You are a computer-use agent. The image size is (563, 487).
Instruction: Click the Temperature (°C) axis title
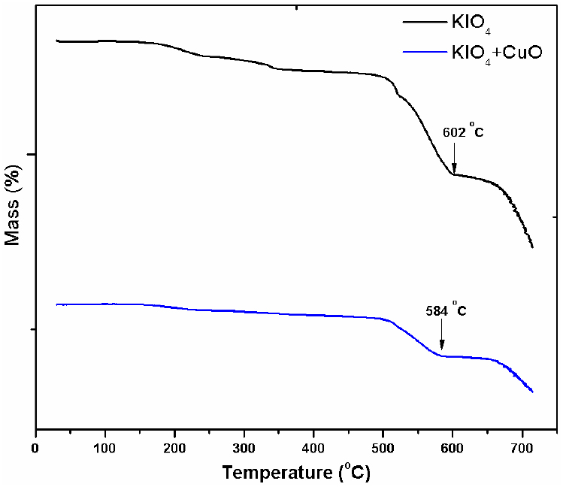(295, 473)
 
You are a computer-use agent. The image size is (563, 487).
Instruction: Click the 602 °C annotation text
(462, 132)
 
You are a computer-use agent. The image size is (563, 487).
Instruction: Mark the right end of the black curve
(532, 247)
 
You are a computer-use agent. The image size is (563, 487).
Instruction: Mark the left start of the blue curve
(56, 304)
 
